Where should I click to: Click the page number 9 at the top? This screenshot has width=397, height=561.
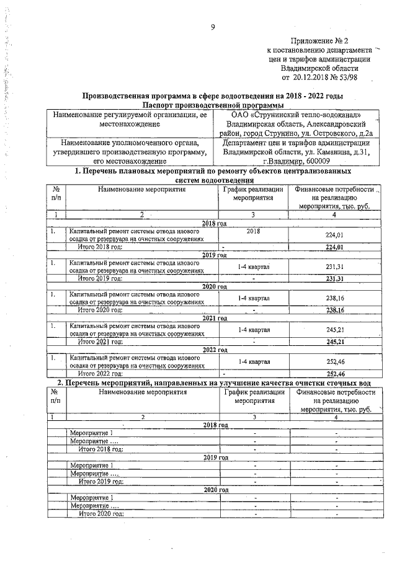click(213, 27)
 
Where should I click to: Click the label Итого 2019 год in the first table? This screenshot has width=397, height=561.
click(100, 278)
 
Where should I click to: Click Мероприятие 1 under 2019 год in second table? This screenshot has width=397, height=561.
click(91, 465)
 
